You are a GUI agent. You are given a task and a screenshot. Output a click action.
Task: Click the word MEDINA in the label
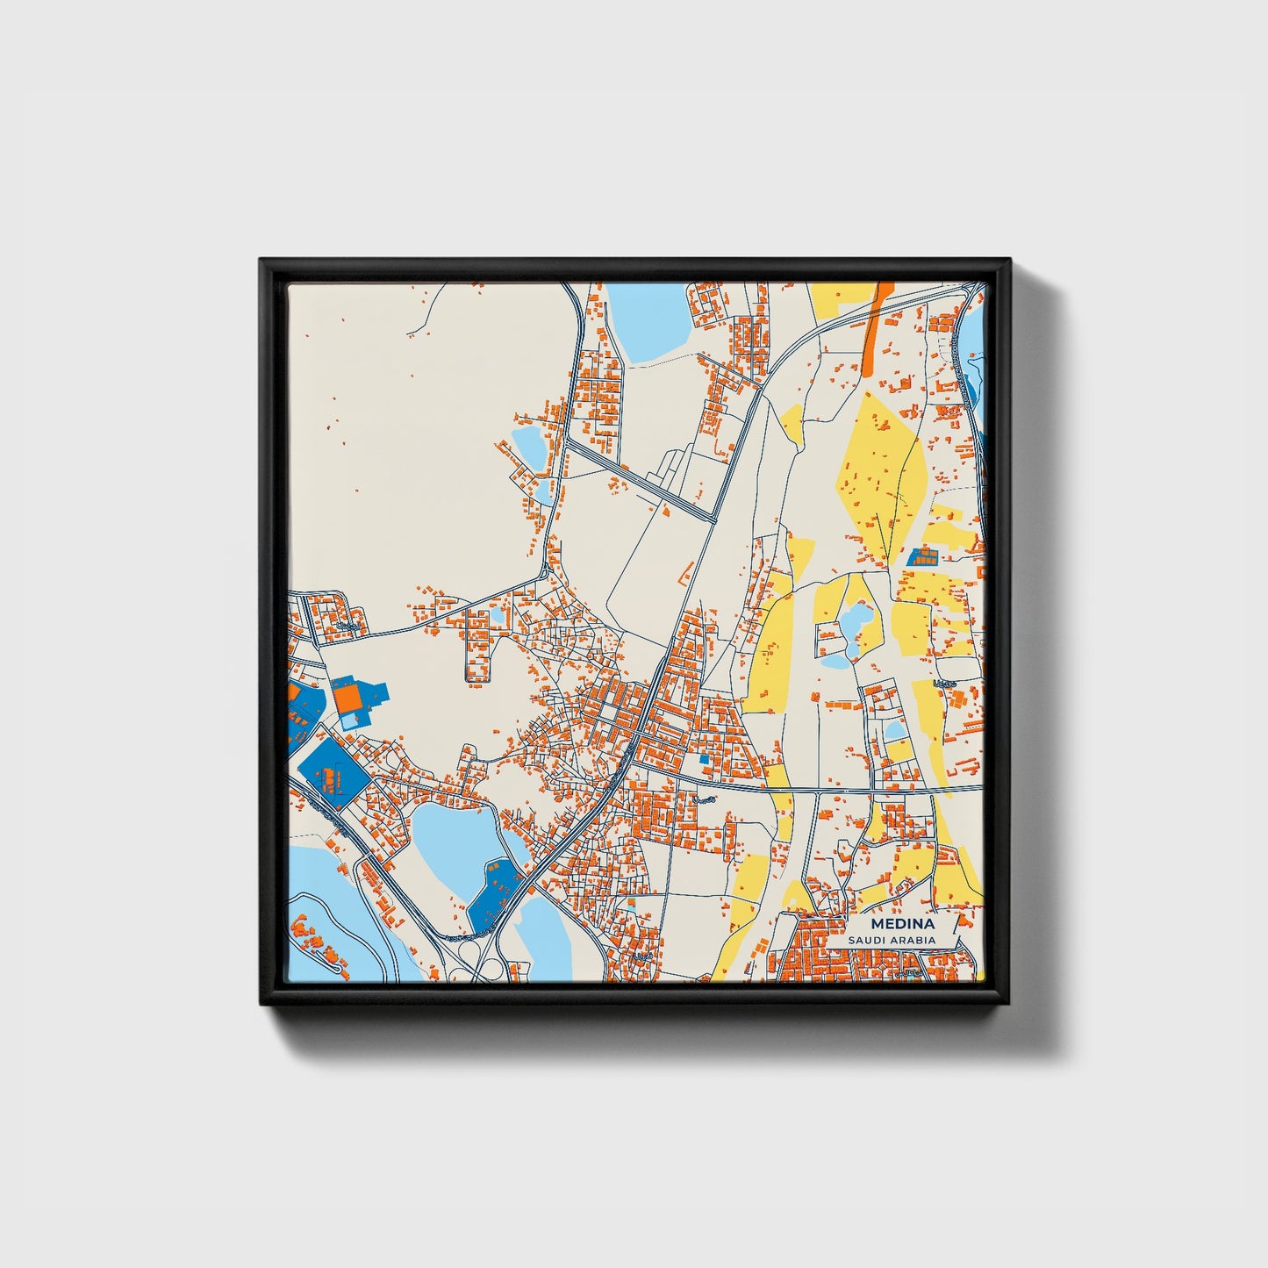(x=902, y=924)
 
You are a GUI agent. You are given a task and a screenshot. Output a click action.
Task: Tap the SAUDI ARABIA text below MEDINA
(x=892, y=940)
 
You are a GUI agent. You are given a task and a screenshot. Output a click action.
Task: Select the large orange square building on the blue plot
(x=347, y=698)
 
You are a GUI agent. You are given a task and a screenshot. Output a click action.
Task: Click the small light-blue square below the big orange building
(x=349, y=721)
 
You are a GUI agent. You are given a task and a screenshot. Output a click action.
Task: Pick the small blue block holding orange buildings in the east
(x=921, y=555)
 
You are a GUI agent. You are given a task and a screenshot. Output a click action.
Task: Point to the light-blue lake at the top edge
(x=648, y=320)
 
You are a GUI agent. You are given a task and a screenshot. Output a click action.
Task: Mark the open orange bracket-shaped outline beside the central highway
(x=684, y=575)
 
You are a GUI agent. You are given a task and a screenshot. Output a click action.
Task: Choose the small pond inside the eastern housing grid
(x=893, y=730)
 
